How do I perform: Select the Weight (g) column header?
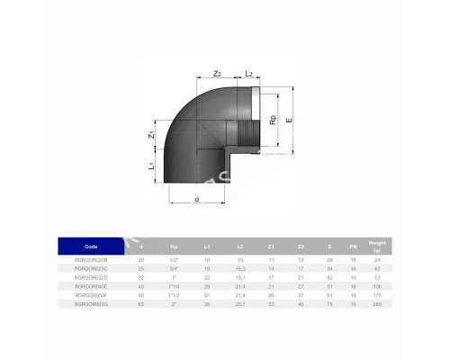[x=379, y=245]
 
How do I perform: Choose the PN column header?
[x=353, y=245]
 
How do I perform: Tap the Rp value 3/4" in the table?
[x=174, y=268]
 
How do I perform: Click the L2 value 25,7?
[x=241, y=305]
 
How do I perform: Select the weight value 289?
[x=379, y=305]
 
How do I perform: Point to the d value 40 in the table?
[x=139, y=286]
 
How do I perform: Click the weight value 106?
[x=379, y=286]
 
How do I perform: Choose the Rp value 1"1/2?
[x=174, y=295]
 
